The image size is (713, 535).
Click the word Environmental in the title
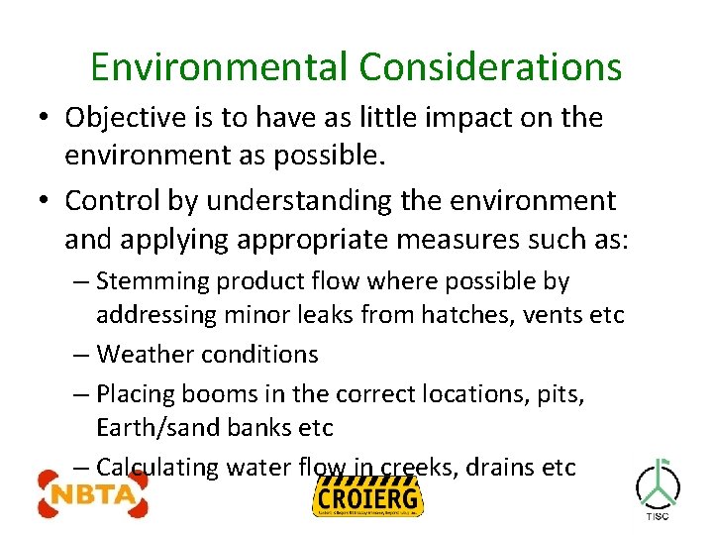coord(219,66)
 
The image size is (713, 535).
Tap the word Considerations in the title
coord(490,66)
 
